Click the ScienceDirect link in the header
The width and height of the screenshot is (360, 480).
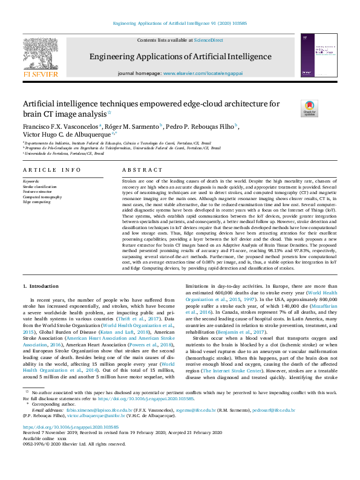(x=208, y=40)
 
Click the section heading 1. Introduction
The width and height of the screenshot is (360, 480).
(x=41, y=285)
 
